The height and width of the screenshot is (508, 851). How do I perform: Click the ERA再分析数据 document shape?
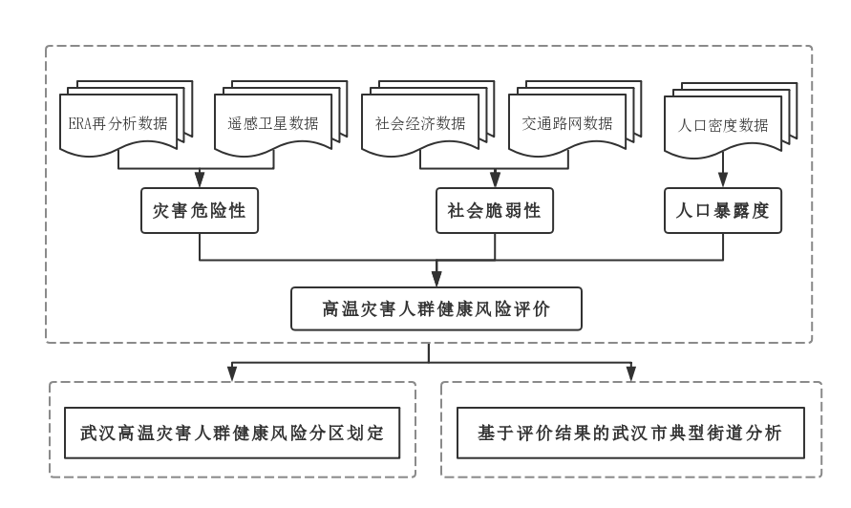tap(118, 123)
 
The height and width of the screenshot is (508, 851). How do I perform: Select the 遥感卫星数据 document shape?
tap(272, 123)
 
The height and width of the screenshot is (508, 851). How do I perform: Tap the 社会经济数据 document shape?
tap(420, 123)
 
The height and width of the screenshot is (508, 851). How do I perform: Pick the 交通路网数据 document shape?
tap(567, 123)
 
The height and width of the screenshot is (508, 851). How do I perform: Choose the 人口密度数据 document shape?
tap(722, 125)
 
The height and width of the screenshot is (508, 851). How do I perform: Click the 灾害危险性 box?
tap(200, 211)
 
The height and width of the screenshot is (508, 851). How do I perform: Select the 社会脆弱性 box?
tap(494, 211)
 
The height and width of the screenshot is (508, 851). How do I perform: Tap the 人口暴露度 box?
tap(722, 211)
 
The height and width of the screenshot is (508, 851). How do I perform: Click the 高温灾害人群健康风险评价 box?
tap(436, 309)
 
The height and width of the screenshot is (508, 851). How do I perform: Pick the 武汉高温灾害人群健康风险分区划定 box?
tap(232, 433)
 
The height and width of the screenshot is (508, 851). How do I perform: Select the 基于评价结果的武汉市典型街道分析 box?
tap(630, 433)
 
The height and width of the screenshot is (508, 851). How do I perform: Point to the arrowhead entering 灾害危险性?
tap(200, 180)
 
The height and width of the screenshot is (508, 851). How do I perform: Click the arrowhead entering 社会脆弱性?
tap(494, 180)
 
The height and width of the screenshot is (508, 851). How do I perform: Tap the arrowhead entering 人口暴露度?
tap(722, 180)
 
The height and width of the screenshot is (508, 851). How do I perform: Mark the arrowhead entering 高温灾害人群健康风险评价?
tap(436, 279)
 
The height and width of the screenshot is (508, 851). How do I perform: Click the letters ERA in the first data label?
tap(79, 124)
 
